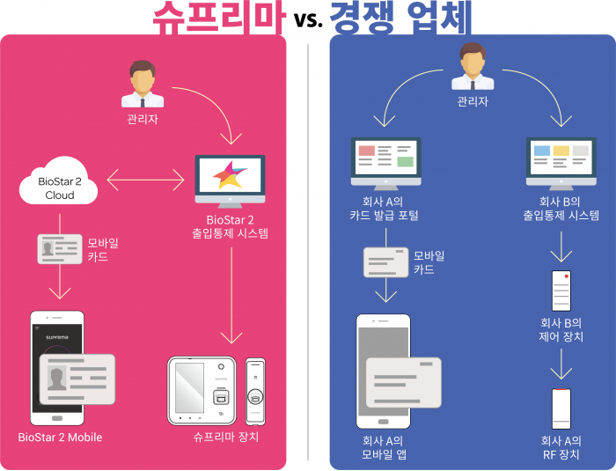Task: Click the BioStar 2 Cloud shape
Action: coord(59,181)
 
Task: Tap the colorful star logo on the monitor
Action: coord(230,175)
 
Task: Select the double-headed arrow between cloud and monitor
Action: coord(145,180)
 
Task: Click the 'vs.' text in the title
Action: coord(308,18)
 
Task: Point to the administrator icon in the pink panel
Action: coord(143,84)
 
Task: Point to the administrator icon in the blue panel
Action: coord(473,66)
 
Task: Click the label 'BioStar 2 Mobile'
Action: coord(60,438)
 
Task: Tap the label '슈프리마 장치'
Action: coord(226,437)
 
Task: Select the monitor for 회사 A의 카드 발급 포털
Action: coord(385,163)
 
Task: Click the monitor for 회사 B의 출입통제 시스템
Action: coord(561,163)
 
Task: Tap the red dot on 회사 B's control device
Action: coord(566,276)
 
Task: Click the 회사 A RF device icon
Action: coord(561,408)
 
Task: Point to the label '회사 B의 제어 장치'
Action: coord(561,330)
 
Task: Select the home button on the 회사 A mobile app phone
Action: coord(383,422)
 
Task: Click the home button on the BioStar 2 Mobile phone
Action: coord(57,418)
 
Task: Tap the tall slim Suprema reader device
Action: coord(255,391)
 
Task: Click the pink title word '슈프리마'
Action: coord(218,18)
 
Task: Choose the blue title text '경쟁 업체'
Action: coord(400,18)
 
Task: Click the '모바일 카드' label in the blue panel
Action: coord(429,262)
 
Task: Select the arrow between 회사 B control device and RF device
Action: coord(561,364)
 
